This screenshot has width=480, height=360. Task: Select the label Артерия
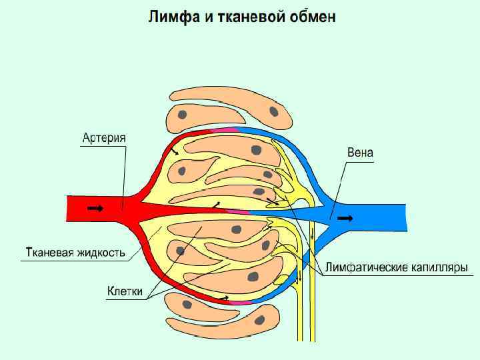coord(105,139)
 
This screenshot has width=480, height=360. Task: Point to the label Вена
coord(361,153)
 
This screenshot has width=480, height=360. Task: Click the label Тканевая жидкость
coord(75,253)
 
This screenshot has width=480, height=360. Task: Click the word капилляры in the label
coord(437,268)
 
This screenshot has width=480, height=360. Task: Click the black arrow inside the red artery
coord(95,209)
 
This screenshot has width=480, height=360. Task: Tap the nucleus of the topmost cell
coord(273,111)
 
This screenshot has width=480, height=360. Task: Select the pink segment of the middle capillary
coord(237,211)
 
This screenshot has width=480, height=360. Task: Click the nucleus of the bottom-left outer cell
coord(188,305)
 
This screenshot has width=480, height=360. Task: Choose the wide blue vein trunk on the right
coord(380,217)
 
